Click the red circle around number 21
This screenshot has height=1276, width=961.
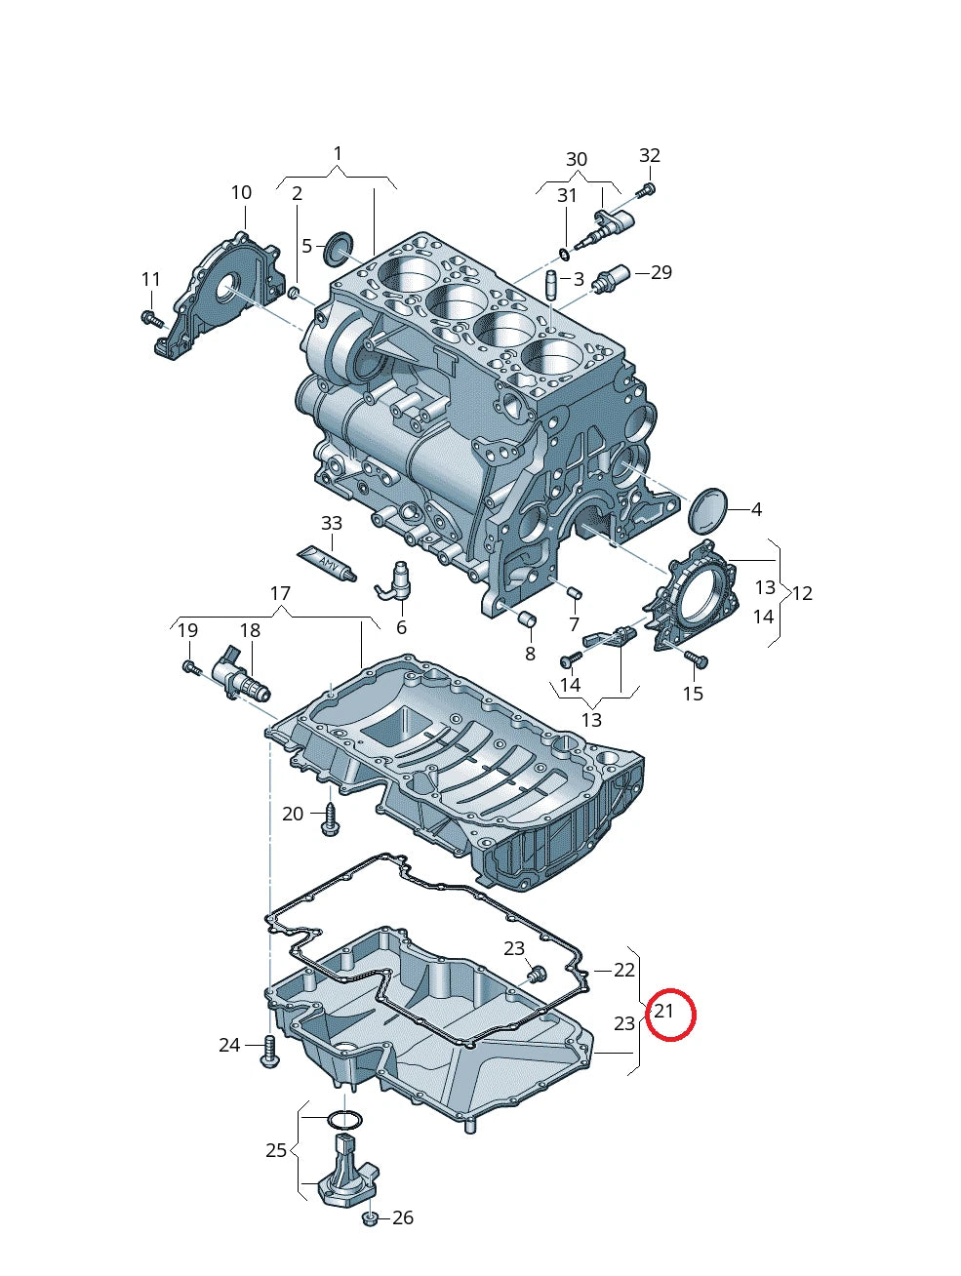click(x=669, y=1015)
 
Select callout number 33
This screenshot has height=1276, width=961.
click(x=332, y=524)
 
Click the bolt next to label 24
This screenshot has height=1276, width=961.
click(x=269, y=1051)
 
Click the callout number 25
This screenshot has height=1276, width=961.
click(x=276, y=1150)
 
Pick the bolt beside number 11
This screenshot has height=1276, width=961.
click(x=151, y=317)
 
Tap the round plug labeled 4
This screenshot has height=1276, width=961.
click(x=707, y=508)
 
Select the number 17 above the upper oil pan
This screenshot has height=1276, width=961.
click(x=280, y=593)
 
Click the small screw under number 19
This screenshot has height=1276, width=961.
click(x=190, y=667)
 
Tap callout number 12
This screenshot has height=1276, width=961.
click(x=802, y=593)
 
